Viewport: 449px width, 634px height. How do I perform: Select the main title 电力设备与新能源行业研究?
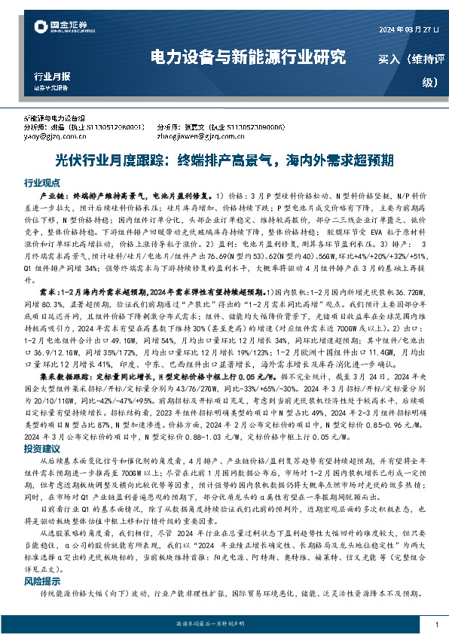point(249,56)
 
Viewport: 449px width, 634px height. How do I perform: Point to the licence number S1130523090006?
point(255,128)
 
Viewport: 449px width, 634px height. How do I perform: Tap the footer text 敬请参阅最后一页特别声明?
point(225,624)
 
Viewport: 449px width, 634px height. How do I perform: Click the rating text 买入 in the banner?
point(390,58)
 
